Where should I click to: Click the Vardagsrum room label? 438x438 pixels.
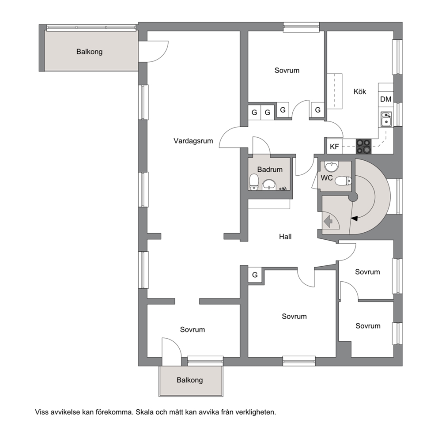point(193,141)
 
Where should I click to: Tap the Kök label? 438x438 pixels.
point(359,91)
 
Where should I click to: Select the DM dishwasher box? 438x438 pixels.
point(386,99)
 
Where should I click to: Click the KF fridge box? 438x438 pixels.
point(334,147)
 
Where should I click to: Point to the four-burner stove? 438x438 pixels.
point(364,147)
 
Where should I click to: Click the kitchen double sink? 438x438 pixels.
point(386,119)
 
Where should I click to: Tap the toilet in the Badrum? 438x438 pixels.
point(254,182)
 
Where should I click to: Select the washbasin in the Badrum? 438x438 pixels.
point(269,185)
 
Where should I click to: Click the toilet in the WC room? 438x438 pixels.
point(343,181)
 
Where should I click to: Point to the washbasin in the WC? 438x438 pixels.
point(332,167)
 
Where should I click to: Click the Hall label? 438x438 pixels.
point(285,237)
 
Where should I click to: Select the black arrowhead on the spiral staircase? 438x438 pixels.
point(354,219)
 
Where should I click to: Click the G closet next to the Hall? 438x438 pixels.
point(255,275)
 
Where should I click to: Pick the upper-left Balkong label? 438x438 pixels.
point(89,52)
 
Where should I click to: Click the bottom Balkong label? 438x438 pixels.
point(190,380)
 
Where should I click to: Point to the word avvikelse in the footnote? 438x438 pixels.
point(65,412)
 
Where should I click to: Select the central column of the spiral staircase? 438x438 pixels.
point(353,197)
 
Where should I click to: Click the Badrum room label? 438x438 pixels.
point(270,169)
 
